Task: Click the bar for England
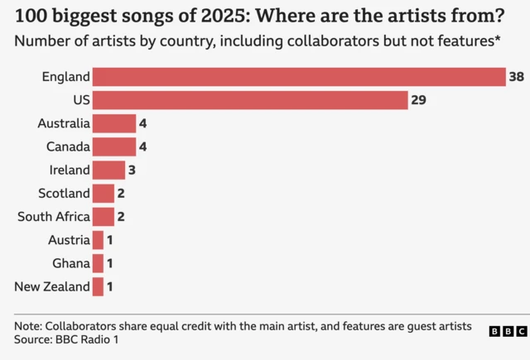point(298,77)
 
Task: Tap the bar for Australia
point(113,123)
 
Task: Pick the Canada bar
point(113,146)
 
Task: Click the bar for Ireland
point(108,170)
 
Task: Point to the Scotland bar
point(103,194)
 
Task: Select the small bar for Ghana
point(98,263)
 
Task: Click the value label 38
point(517,77)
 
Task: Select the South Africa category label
point(53,217)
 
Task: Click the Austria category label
point(69,240)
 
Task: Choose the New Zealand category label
point(52,287)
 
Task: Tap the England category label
point(65,77)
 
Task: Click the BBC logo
point(507,331)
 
